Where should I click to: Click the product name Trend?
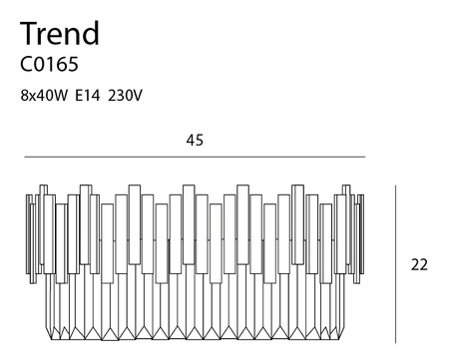click(60, 33)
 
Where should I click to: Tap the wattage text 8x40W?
click(42, 98)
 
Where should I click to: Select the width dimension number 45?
click(195, 141)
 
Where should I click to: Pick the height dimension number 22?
click(419, 264)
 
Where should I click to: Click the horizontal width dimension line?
click(195, 158)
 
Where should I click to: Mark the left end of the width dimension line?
click(25, 158)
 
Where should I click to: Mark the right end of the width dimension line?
click(365, 158)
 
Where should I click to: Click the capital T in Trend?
click(29, 33)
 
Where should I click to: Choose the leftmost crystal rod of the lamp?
click(29, 239)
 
